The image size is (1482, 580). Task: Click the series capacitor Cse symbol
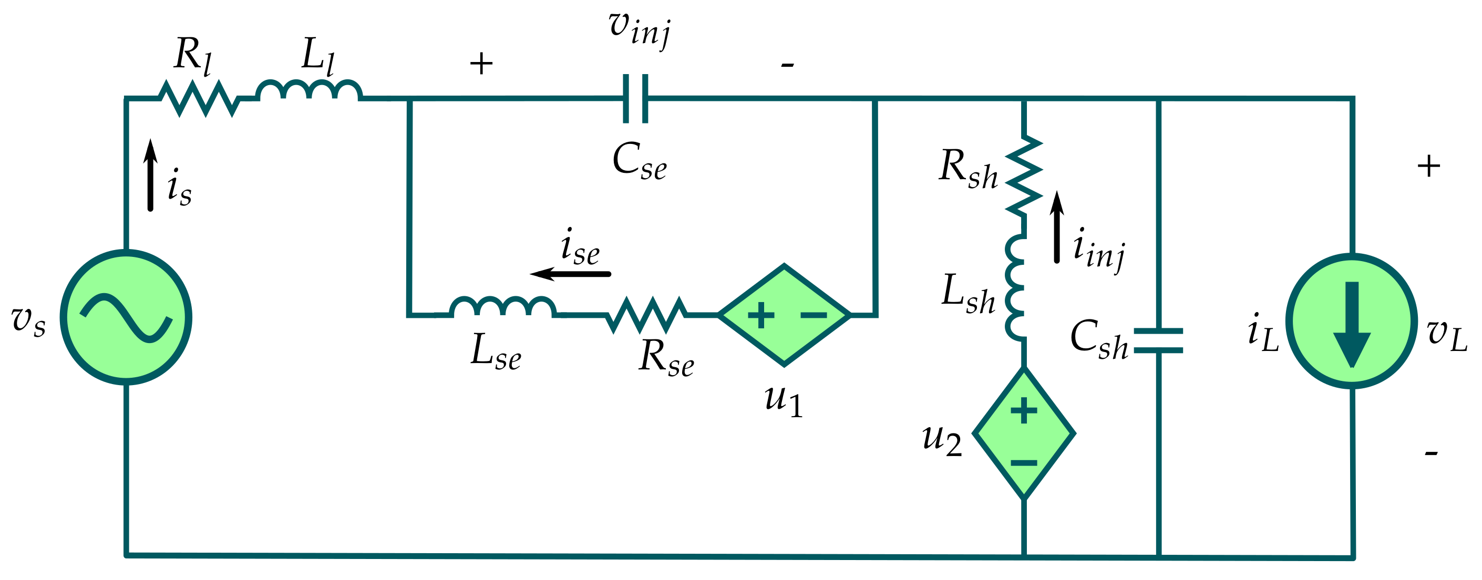pos(636,99)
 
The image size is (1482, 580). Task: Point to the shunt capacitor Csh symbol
pos(1158,340)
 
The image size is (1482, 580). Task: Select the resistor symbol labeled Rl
pos(199,99)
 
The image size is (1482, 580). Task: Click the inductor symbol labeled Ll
pos(309,92)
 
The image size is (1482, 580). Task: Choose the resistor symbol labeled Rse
pos(646,315)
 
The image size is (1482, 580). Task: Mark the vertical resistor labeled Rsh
pos(1024,176)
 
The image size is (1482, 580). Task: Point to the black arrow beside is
pos(150,175)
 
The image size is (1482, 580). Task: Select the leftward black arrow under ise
pos(570,274)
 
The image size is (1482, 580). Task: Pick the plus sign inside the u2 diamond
pos(1024,411)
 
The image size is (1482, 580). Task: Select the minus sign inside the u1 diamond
pos(814,315)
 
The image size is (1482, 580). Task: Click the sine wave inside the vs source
pos(126,318)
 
